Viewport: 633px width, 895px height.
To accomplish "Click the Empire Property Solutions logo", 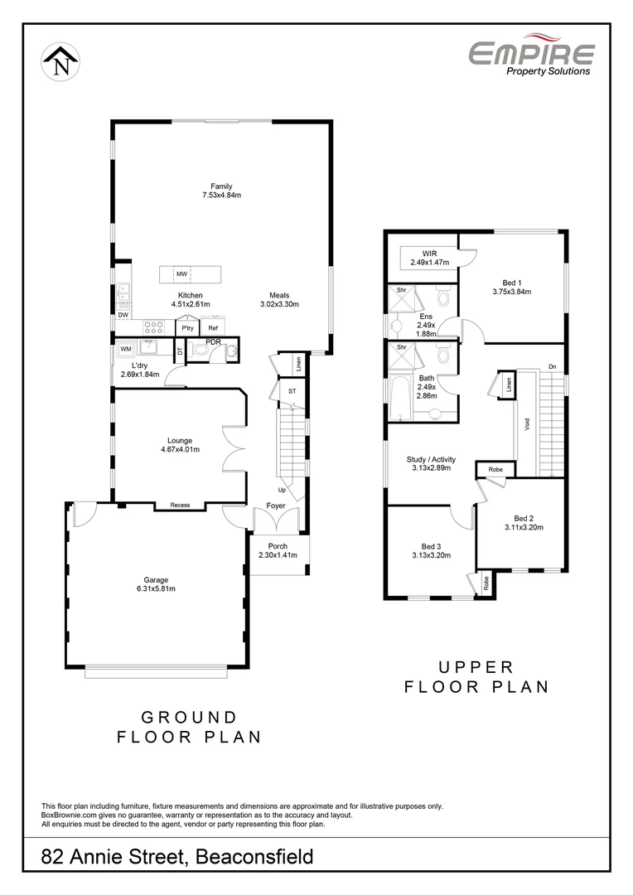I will click(531, 58).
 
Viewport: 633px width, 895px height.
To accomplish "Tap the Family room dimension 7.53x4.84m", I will click(221, 196).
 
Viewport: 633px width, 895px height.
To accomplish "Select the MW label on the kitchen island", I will click(181, 273).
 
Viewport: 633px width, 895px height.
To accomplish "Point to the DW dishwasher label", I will click(123, 315).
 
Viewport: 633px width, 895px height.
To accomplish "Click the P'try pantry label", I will click(188, 329).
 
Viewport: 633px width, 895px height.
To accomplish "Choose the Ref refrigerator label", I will click(213, 328).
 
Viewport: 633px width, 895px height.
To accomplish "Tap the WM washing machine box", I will click(126, 349).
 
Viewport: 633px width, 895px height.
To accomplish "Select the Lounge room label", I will click(179, 440).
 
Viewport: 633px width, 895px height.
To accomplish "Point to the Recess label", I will click(180, 505).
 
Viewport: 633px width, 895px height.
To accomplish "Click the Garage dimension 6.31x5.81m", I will click(156, 589).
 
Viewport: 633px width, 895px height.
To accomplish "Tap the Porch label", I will click(278, 546).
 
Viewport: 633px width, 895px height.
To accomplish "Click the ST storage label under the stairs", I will click(292, 391).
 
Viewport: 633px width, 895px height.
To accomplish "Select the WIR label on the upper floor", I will click(429, 253).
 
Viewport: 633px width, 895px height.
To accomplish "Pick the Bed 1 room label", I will click(511, 282).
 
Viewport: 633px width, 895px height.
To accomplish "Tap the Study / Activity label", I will click(431, 458).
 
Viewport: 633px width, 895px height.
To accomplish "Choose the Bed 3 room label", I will click(431, 546).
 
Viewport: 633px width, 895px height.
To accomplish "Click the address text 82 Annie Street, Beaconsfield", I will click(177, 856).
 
